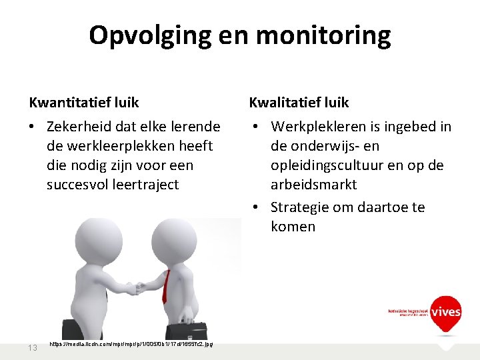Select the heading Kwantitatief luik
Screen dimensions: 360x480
click(84, 102)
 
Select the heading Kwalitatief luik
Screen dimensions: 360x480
click(299, 102)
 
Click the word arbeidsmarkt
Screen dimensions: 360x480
click(313, 184)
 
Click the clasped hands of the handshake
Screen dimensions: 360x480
click(139, 288)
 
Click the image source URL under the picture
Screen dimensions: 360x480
click(131, 344)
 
